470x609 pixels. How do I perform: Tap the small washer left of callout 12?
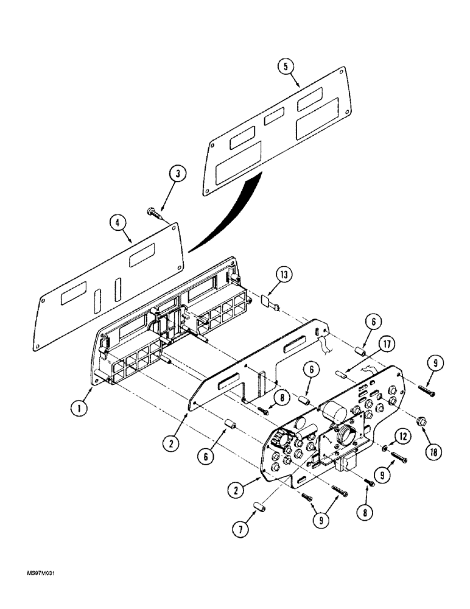[385, 448]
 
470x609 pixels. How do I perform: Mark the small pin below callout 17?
[342, 376]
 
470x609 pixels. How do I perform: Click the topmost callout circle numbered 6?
[373, 321]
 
